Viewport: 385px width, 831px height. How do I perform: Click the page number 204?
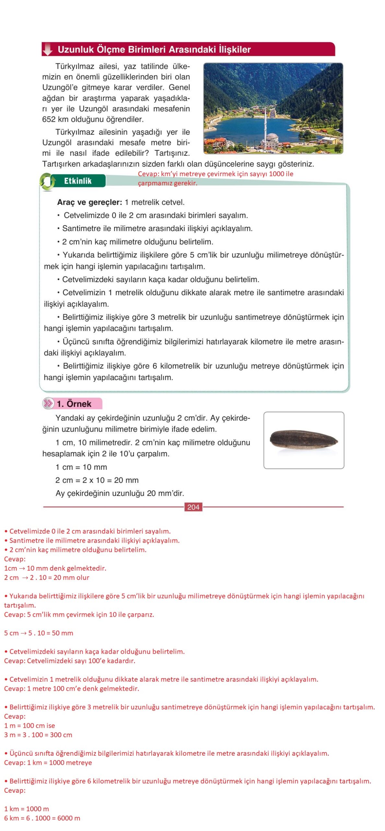pyautogui.click(x=193, y=507)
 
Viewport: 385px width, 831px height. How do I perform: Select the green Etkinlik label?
pyautogui.click(x=78, y=181)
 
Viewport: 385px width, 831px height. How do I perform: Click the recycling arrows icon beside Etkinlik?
pyautogui.click(x=47, y=181)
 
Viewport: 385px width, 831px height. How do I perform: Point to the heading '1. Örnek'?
pyautogui.click(x=74, y=403)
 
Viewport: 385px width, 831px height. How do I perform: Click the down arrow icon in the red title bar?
pyautogui.click(x=48, y=49)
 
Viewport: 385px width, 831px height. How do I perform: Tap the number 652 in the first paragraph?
pyautogui.click(x=49, y=119)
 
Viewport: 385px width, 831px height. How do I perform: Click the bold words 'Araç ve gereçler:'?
pyautogui.click(x=89, y=202)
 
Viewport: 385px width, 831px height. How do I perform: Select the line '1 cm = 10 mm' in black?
pyautogui.click(x=81, y=467)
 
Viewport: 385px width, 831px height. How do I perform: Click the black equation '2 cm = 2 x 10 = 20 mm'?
pyautogui.click(x=97, y=480)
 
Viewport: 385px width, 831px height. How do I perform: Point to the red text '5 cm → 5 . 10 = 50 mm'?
pyautogui.click(x=39, y=633)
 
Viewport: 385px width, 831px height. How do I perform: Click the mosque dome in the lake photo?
pyautogui.click(x=272, y=136)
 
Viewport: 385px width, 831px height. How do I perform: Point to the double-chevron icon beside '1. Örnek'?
pyautogui.click(x=48, y=403)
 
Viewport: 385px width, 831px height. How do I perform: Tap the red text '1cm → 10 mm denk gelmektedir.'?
pyautogui.click(x=55, y=568)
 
